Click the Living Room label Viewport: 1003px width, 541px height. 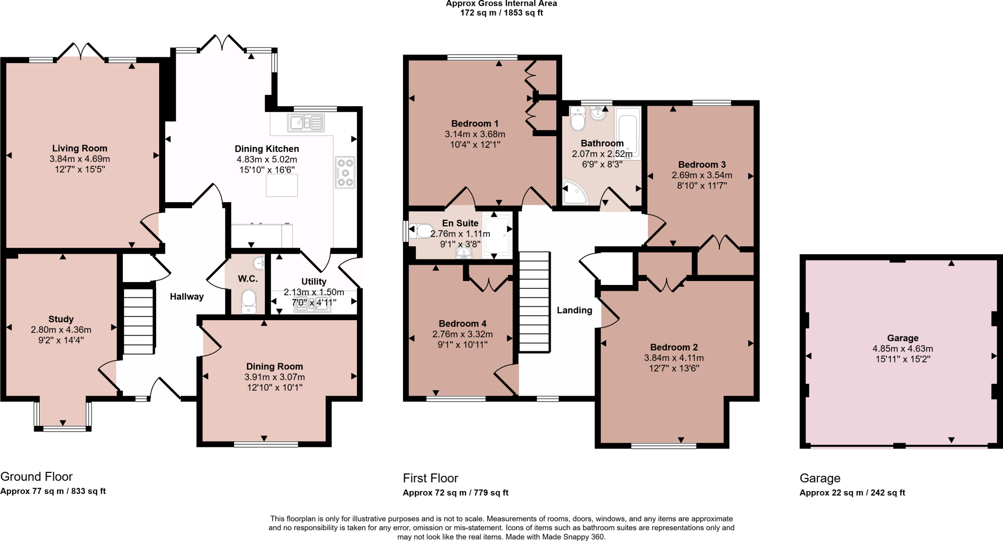pyautogui.click(x=79, y=148)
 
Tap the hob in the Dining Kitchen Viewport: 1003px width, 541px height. pyautogui.click(x=345, y=172)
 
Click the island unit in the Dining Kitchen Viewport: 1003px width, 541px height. pyautogui.click(x=282, y=185)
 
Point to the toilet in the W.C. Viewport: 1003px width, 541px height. pyautogui.click(x=249, y=301)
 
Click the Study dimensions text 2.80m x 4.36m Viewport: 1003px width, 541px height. pyautogui.click(x=61, y=329)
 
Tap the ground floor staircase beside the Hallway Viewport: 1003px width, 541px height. pyautogui.click(x=139, y=321)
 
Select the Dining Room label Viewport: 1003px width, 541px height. pyautogui.click(x=274, y=367)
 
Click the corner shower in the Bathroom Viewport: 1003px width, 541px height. pyautogui.click(x=574, y=193)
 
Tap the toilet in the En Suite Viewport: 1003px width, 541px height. pyautogui.click(x=422, y=231)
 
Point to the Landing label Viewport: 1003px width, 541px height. pyautogui.click(x=574, y=310)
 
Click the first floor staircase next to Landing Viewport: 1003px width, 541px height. pyautogui.click(x=534, y=301)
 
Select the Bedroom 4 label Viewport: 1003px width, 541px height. pyautogui.click(x=462, y=324)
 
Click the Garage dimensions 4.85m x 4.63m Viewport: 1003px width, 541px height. pyautogui.click(x=902, y=349)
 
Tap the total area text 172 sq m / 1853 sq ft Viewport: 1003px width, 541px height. pyautogui.click(x=501, y=13)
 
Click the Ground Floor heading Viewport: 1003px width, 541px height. pyautogui.click(x=36, y=476)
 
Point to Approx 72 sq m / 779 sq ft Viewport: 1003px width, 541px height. pyautogui.click(x=455, y=493)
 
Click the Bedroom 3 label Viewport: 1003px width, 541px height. pyautogui.click(x=701, y=165)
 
